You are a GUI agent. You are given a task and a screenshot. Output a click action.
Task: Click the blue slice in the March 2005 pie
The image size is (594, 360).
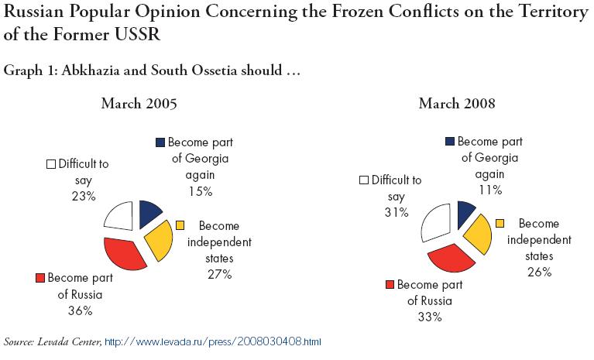[x=149, y=212]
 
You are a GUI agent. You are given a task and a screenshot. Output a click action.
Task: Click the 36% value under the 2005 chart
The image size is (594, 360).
[x=81, y=310]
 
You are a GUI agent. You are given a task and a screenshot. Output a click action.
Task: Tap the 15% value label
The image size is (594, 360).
[x=201, y=191]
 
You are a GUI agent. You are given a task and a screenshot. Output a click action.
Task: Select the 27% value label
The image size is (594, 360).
[x=220, y=274]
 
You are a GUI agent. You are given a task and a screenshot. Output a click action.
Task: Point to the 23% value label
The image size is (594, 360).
[x=84, y=196]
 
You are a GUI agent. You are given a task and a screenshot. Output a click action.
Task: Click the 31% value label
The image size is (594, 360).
[x=397, y=212]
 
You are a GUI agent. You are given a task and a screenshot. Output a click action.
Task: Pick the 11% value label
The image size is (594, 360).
[x=490, y=190]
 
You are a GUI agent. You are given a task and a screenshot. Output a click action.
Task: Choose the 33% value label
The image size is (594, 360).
[x=430, y=317]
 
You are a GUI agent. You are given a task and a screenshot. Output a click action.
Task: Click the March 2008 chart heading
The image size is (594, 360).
[x=457, y=103]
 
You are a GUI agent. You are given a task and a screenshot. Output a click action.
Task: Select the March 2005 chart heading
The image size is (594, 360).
[x=139, y=103]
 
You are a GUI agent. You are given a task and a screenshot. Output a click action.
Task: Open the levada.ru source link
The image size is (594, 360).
[x=212, y=342]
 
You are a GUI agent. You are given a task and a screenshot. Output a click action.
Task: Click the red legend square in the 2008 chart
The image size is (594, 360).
[x=390, y=285]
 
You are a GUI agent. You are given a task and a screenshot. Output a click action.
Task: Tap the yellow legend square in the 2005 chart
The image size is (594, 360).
[x=180, y=225]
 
